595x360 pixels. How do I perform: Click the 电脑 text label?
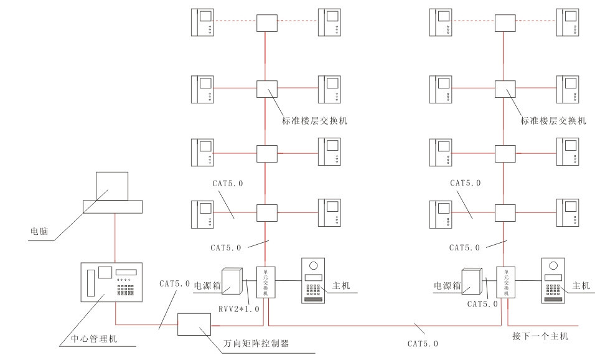click(x=40, y=231)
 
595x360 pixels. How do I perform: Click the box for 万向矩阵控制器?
click(x=195, y=324)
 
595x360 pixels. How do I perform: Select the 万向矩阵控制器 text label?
click(x=256, y=343)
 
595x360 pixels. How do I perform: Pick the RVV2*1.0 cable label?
click(x=239, y=309)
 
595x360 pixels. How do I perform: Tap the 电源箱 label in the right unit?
click(x=447, y=285)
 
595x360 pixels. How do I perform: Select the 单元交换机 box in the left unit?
click(x=266, y=283)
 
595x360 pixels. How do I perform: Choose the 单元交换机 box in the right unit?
click(x=505, y=283)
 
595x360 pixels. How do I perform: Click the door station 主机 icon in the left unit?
click(x=314, y=281)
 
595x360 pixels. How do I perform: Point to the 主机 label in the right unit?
click(x=580, y=286)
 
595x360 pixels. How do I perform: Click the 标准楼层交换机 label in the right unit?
click(x=553, y=121)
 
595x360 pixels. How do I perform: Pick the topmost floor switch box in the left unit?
click(x=266, y=24)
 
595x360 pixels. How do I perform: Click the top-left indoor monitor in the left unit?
click(x=203, y=23)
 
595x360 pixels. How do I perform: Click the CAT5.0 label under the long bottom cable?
click(x=423, y=343)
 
